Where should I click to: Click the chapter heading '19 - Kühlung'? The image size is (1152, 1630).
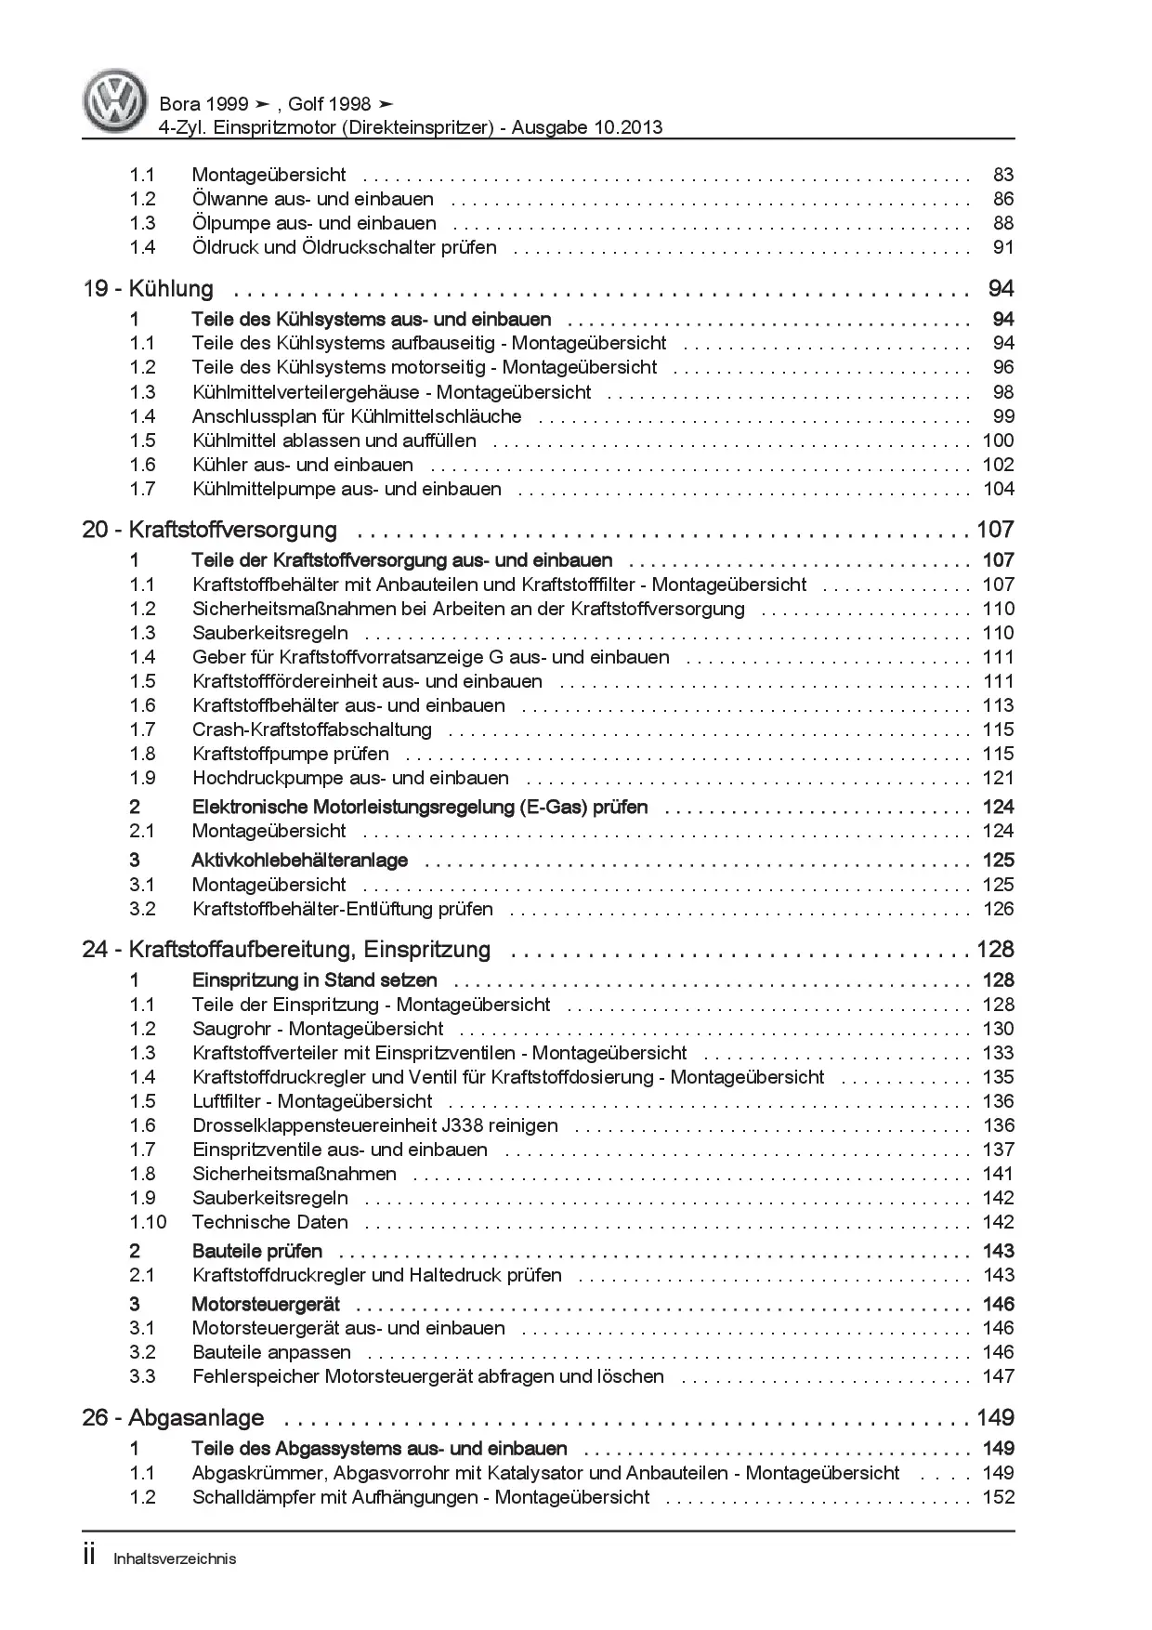click(149, 289)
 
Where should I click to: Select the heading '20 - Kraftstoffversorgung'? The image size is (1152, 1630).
click(210, 530)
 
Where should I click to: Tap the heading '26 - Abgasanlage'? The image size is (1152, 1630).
click(173, 1418)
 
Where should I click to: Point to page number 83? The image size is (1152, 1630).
click(1002, 175)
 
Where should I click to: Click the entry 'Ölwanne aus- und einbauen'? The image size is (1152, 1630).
click(312, 199)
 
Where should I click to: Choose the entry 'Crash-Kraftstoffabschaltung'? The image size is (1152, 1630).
click(311, 730)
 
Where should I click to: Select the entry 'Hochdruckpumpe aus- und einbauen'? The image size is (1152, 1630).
click(350, 778)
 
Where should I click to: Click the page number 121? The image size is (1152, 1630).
click(998, 778)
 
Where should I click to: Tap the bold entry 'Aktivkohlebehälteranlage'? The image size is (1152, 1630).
click(299, 861)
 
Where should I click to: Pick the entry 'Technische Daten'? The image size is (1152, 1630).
click(269, 1222)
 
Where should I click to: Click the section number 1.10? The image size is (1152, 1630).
click(148, 1222)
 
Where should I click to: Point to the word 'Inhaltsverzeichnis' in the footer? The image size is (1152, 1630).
click(175, 1558)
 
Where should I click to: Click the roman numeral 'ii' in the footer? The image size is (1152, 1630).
click(89, 1557)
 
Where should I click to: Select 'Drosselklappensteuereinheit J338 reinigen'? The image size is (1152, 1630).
click(374, 1125)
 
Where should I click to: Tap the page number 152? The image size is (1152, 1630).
click(998, 1497)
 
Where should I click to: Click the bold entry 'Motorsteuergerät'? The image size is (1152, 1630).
click(266, 1304)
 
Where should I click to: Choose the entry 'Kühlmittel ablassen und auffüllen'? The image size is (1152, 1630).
click(334, 440)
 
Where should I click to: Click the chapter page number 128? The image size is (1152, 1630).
click(994, 950)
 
